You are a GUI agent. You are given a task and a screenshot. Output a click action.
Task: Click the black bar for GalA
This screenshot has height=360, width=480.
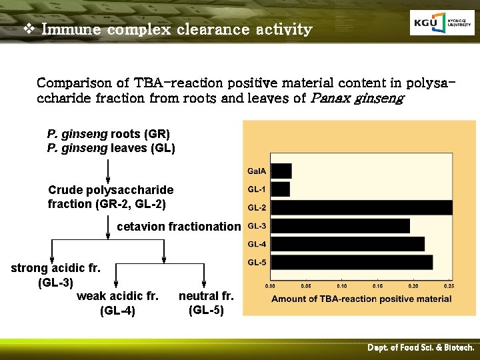click(281, 171)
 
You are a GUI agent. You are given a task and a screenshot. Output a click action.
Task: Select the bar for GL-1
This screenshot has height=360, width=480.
click(281, 189)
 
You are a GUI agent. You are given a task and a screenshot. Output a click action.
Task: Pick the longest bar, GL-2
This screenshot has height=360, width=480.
click(361, 207)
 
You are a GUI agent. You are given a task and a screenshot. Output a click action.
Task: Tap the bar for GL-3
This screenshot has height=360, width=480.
click(340, 225)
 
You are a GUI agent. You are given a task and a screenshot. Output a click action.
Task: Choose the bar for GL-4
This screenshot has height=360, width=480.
click(347, 244)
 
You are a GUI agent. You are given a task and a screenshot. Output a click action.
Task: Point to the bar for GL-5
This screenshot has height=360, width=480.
click(351, 262)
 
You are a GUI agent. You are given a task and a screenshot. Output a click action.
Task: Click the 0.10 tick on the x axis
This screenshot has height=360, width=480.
click(341, 285)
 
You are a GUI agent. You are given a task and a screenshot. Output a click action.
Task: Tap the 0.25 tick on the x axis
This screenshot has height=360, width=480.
click(449, 285)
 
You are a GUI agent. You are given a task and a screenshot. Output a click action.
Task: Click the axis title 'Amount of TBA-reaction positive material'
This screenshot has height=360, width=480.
click(361, 299)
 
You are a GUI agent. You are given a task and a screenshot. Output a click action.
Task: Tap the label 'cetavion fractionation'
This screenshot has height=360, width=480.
click(178, 227)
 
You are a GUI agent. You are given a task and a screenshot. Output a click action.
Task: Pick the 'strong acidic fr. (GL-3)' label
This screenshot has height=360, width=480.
click(55, 275)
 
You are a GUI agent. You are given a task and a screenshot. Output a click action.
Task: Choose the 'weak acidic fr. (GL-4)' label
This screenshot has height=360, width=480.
click(117, 303)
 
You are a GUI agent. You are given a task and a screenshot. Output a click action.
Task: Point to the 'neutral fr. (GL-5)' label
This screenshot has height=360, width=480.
click(206, 303)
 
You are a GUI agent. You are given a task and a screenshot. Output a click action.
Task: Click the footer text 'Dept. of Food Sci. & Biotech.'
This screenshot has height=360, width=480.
click(421, 348)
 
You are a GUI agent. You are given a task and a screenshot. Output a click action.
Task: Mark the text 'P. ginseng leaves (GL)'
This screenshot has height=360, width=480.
click(111, 148)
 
